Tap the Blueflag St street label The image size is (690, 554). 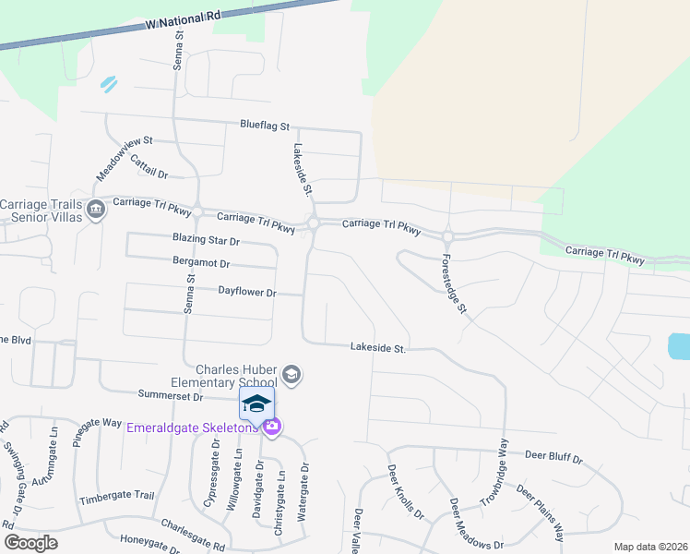tap(265, 125)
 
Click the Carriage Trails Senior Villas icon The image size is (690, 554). tap(95, 211)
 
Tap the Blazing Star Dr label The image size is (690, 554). tap(206, 240)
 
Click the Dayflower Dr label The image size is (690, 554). tap(247, 292)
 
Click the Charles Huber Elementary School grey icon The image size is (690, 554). tap(291, 374)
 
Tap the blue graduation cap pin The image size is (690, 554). tap(257, 403)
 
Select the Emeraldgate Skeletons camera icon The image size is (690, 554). tap(271, 428)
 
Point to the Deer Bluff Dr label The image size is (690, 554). tap(553, 456)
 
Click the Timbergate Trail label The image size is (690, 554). tap(116, 496)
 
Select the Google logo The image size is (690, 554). tap(30, 542)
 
